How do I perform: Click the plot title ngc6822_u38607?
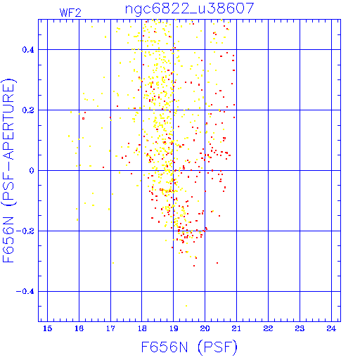pyautogui.click(x=189, y=9)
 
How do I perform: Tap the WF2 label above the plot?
pyautogui.click(x=70, y=13)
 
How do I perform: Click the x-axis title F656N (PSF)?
pyautogui.click(x=189, y=347)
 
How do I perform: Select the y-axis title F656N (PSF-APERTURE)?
pyautogui.click(x=9, y=170)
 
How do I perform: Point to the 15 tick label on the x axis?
pyautogui.click(x=48, y=328)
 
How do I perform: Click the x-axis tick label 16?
pyautogui.click(x=79, y=328)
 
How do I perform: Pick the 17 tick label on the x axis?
pyautogui.click(x=110, y=328)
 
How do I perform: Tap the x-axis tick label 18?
pyautogui.click(x=142, y=328)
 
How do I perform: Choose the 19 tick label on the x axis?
pyautogui.click(x=174, y=328)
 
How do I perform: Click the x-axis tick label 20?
pyautogui.click(x=205, y=328)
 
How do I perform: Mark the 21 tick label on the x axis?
pyautogui.click(x=236, y=328)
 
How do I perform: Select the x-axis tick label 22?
pyautogui.click(x=268, y=328)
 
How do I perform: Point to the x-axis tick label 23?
pyautogui.click(x=300, y=328)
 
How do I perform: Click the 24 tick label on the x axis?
pyautogui.click(x=331, y=328)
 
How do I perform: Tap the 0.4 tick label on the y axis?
pyautogui.click(x=28, y=50)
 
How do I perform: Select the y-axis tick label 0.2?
pyautogui.click(x=28, y=110)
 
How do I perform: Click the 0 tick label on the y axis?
pyautogui.click(x=32, y=170)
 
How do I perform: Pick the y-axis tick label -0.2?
pyautogui.click(x=25, y=231)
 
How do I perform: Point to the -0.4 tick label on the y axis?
pyautogui.click(x=25, y=291)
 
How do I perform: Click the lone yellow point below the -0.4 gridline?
pyautogui.click(x=186, y=306)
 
